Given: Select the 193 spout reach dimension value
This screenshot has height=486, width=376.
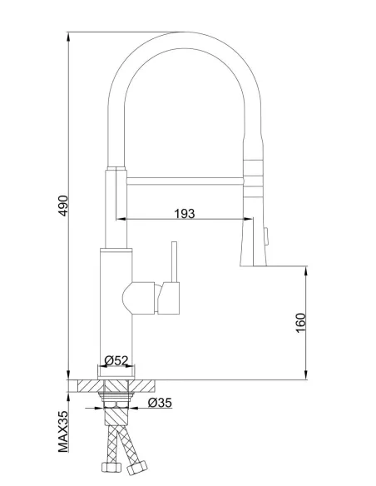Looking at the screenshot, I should pos(185,214).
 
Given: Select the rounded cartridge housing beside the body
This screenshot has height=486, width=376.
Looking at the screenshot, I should pos(140,295).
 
